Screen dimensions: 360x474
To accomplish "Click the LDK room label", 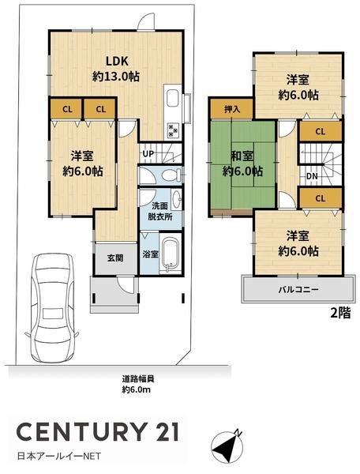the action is point(117,61).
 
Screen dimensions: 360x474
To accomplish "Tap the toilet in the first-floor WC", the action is point(171,175).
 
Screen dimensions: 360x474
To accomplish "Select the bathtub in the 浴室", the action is point(170,254).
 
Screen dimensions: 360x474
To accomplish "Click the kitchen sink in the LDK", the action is point(172,98).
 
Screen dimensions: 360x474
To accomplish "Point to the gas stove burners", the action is point(172,130).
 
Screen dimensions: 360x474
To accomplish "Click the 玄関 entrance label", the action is point(115,258).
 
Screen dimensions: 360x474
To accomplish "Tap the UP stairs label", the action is point(148,153).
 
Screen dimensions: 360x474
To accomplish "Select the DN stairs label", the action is point(312,175).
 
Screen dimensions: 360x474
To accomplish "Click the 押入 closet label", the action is point(232,109).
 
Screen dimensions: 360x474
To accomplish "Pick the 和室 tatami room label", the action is point(242,156).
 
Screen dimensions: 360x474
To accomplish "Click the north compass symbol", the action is point(227,446).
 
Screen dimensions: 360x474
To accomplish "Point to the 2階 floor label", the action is point(341,313).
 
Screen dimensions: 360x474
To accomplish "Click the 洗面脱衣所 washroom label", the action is point(160,212).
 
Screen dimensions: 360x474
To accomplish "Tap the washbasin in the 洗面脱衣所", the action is point(177,199).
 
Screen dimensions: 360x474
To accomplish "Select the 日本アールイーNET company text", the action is point(59,456).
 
